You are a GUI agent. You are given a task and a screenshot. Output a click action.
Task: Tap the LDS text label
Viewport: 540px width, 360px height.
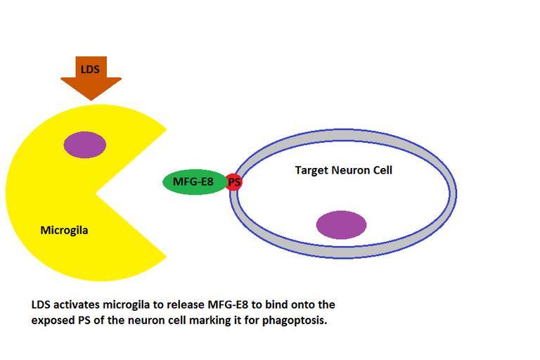tap(91, 69)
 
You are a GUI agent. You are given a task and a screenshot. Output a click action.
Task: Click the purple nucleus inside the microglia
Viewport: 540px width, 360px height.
tap(85, 145)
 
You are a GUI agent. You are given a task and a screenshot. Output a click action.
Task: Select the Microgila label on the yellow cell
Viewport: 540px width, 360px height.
tap(64, 230)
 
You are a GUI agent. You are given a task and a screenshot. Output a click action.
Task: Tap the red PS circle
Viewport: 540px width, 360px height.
tap(234, 182)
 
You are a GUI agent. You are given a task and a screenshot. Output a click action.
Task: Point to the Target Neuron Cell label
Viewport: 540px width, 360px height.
tap(343, 170)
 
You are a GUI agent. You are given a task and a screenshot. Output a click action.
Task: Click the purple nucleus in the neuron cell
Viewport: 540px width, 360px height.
tap(341, 225)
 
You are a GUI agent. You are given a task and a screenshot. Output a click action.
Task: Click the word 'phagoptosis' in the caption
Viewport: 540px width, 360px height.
tap(297, 320)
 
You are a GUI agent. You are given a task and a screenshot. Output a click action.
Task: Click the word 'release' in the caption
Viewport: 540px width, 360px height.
tap(186, 305)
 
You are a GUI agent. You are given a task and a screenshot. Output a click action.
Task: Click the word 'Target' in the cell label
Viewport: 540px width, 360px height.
tap(310, 170)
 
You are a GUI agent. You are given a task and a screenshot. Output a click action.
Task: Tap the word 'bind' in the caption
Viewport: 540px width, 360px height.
tap(274, 305)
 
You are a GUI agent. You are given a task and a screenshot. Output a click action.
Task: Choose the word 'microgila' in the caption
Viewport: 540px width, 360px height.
tap(127, 305)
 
